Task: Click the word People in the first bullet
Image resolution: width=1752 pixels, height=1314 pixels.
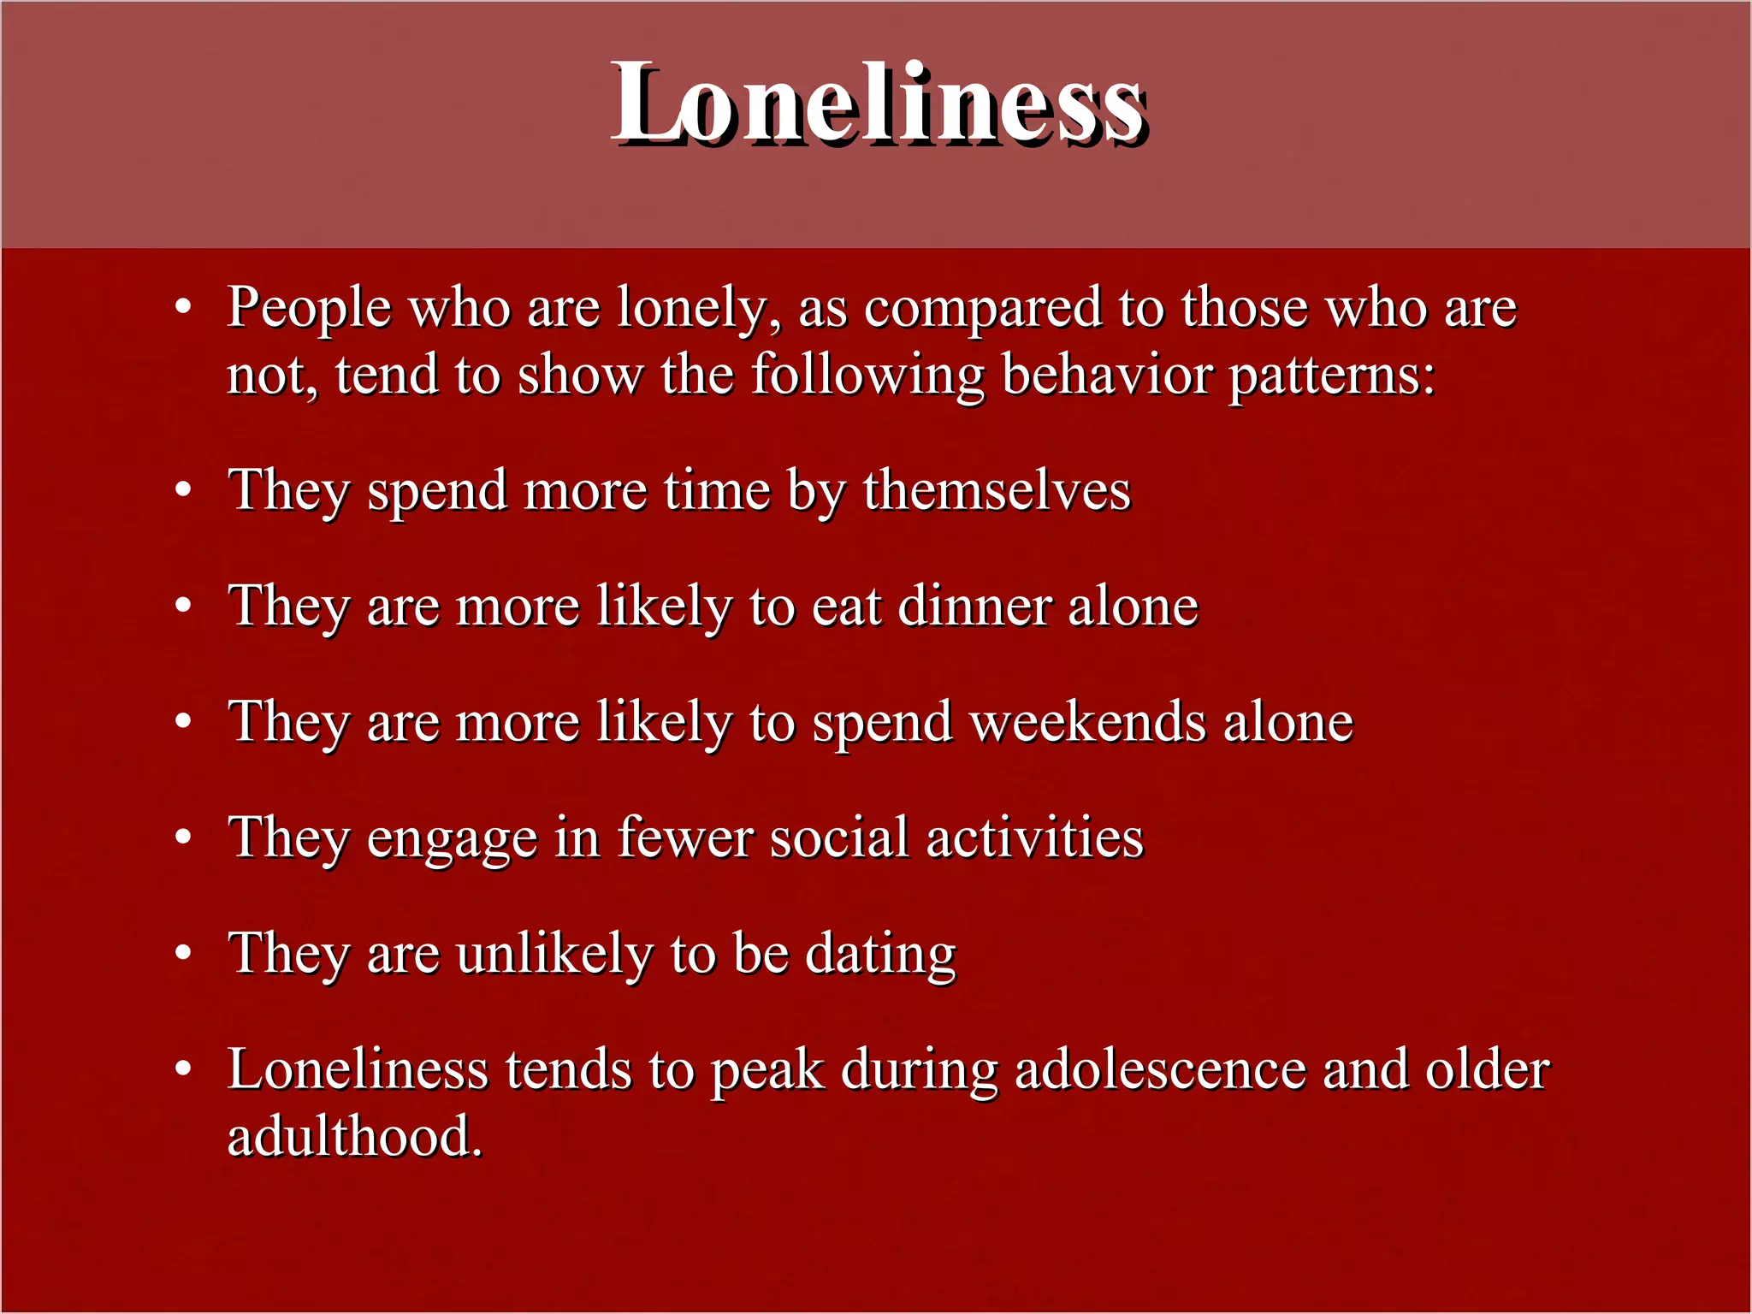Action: [309, 308]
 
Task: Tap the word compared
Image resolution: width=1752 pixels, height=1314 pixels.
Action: [982, 308]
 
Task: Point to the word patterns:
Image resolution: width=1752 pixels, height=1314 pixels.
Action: [1331, 376]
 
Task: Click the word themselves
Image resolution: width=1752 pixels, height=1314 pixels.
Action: [997, 491]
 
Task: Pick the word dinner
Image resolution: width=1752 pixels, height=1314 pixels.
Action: [975, 607]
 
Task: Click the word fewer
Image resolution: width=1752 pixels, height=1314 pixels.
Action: [685, 838]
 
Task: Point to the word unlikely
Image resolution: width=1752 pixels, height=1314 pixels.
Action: [554, 953]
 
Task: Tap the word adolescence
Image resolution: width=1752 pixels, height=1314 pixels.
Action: [1160, 1070]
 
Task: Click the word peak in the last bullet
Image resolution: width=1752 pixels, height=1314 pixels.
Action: [767, 1071]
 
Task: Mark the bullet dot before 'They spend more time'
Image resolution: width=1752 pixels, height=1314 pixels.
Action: [183, 490]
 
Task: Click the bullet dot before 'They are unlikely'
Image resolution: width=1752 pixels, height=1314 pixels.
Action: [183, 952]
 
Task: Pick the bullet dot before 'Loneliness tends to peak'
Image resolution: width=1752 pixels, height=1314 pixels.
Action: [183, 1068]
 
